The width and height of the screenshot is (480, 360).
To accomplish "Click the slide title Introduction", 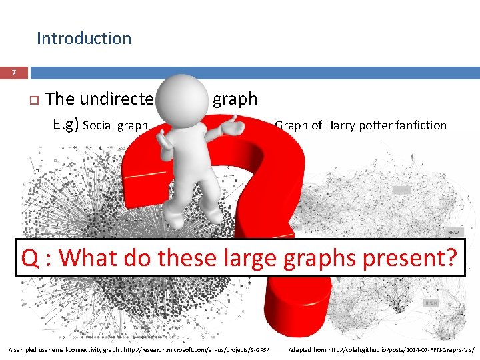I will click(84, 39).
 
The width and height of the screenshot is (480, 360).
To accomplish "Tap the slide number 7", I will click(14, 72).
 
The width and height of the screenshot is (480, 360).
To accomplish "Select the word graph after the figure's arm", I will click(235, 99).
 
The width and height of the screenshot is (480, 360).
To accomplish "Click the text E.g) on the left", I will click(66, 124).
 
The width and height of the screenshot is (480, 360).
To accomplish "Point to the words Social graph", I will click(114, 125).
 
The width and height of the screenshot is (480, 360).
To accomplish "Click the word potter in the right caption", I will click(377, 125).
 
